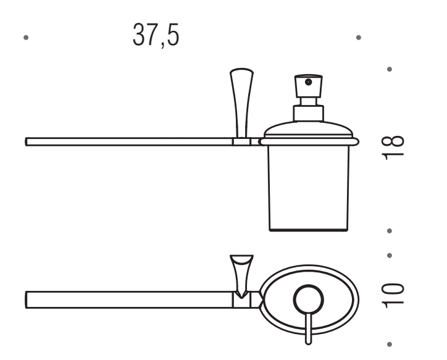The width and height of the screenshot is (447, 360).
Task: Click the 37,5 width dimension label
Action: click(156, 35)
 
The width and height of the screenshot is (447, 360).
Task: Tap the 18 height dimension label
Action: click(393, 148)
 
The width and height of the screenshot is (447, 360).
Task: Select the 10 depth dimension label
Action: click(393, 296)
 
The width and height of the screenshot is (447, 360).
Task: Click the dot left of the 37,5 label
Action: click(26, 37)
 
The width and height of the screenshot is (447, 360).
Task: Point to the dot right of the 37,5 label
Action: click(359, 37)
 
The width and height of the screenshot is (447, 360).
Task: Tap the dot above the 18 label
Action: click(390, 69)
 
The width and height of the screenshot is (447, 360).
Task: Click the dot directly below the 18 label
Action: click(390, 230)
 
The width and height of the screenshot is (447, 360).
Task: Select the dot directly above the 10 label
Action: click(390, 256)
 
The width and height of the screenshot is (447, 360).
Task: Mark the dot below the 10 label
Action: click(390, 345)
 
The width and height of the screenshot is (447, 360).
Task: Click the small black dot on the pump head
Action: click(308, 82)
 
